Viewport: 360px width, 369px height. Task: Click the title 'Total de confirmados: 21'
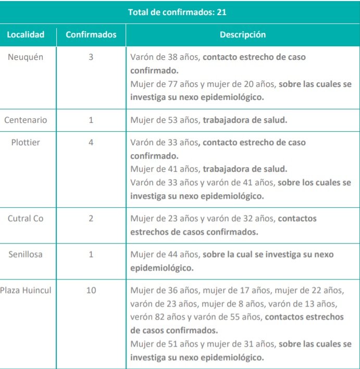[177, 11]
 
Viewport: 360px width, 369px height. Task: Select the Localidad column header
[26, 35]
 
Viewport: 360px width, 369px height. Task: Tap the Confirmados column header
[91, 35]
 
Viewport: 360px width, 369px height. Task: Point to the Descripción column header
[242, 35]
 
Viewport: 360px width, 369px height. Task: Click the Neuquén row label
[26, 57]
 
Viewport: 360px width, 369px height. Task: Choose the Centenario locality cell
[26, 120]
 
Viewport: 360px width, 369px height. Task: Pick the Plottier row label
[26, 142]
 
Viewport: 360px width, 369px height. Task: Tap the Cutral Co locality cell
[26, 219]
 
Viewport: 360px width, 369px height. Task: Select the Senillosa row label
[26, 255]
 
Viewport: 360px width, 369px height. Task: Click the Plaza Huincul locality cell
[26, 290]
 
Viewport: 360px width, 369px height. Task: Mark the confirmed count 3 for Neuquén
[91, 57]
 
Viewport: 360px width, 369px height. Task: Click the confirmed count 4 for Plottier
[91, 142]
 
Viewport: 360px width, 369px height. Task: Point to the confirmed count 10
[91, 290]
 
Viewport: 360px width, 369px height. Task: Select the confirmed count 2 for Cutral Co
[91, 219]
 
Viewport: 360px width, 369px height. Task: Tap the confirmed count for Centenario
[91, 120]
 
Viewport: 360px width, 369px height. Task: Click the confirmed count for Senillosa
[91, 255]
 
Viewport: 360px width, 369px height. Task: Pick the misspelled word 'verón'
[142, 317]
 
